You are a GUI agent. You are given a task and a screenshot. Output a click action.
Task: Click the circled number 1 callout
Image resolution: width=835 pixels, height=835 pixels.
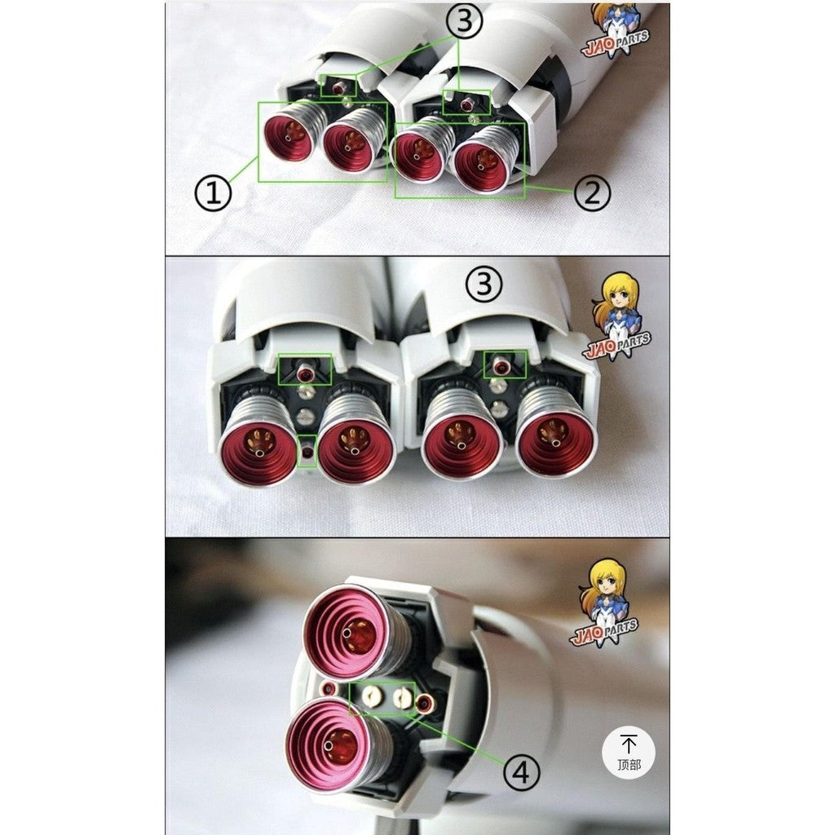click(x=214, y=193)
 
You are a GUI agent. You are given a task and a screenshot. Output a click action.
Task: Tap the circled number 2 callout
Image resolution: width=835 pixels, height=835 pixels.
click(x=592, y=193)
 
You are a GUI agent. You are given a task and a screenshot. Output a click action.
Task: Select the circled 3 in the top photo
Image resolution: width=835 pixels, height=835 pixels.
click(x=462, y=22)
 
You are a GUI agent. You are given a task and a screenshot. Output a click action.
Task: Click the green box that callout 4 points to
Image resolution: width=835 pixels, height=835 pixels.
click(x=382, y=698)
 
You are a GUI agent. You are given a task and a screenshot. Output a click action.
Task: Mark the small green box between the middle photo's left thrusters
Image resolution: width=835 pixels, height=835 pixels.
click(x=307, y=450)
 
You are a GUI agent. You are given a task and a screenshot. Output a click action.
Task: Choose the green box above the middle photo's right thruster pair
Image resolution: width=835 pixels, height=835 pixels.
click(x=506, y=365)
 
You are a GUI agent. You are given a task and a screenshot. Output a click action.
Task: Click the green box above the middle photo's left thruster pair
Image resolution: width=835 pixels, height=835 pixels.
click(x=305, y=369)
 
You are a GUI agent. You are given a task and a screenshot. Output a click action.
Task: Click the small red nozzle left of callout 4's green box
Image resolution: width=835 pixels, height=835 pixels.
click(x=329, y=690)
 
